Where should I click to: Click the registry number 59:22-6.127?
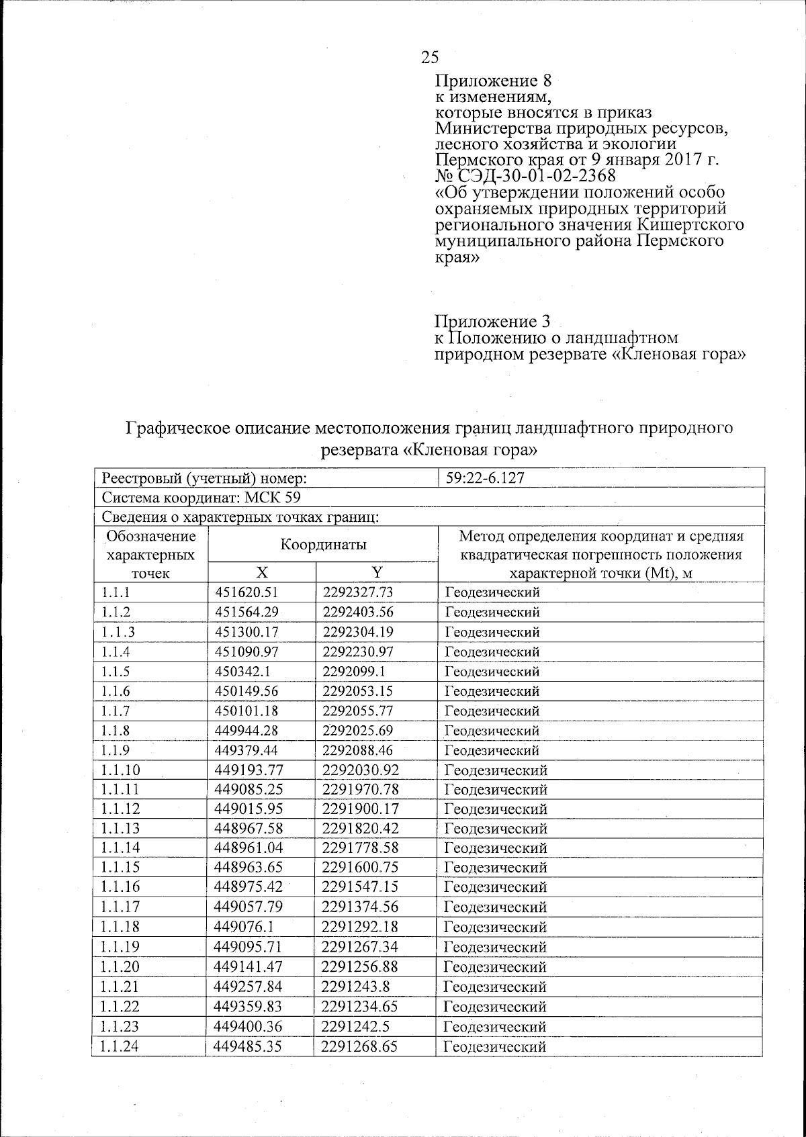tap(484, 478)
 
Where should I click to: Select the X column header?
tap(261, 572)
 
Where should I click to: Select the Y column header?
tap(377, 572)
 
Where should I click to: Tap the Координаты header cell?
tap(323, 545)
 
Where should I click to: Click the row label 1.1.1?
tap(115, 592)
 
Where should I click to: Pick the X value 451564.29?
tap(247, 612)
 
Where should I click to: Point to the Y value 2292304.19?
tap(357, 632)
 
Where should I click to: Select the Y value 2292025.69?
tap(357, 731)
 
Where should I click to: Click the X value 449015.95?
tap(247, 809)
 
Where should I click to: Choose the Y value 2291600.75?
tap(357, 868)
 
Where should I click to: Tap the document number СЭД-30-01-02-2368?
tap(535, 176)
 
